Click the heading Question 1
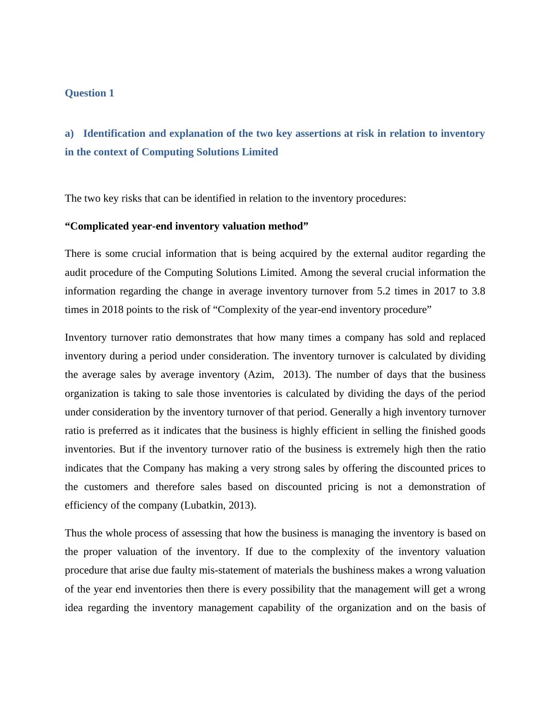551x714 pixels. (89, 93)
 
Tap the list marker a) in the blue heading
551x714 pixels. (69, 134)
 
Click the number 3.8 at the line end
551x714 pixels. (478, 291)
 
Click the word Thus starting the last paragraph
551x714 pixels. (76, 533)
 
